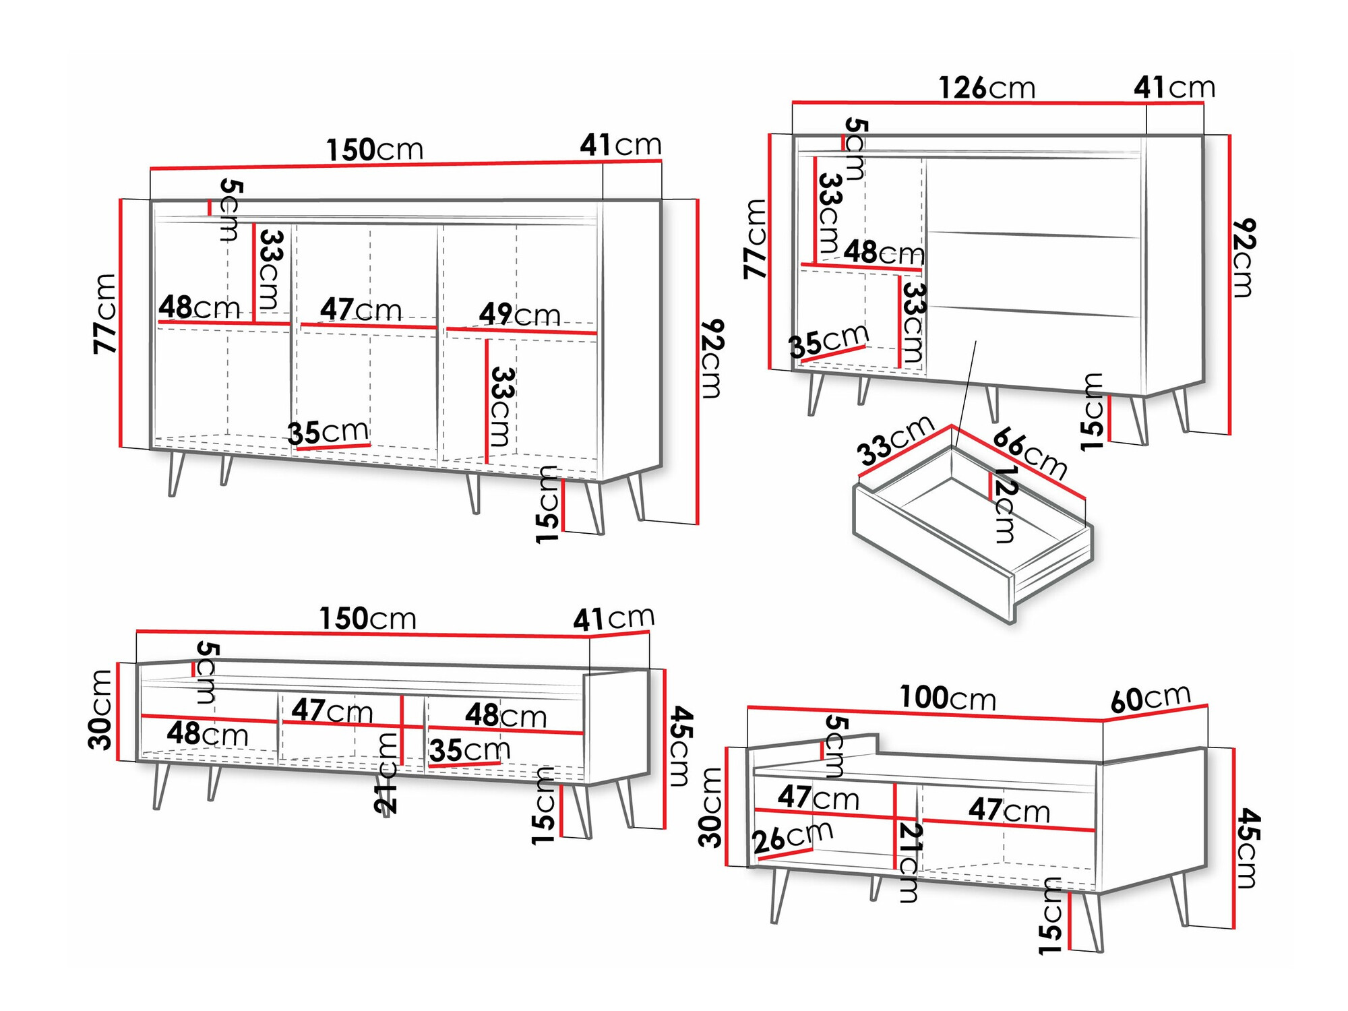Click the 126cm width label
(986, 88)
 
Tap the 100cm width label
(947, 698)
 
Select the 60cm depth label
(1150, 699)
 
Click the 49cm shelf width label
(520, 315)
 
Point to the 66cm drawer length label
(1030, 453)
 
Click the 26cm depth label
(793, 839)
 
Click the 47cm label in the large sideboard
(361, 310)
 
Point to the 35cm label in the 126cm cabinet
(828, 341)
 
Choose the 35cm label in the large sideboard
(328, 433)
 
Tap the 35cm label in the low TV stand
(470, 750)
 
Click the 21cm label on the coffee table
(909, 863)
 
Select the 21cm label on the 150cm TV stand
(387, 773)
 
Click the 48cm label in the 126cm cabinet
(884, 253)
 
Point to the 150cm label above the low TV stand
(367, 619)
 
